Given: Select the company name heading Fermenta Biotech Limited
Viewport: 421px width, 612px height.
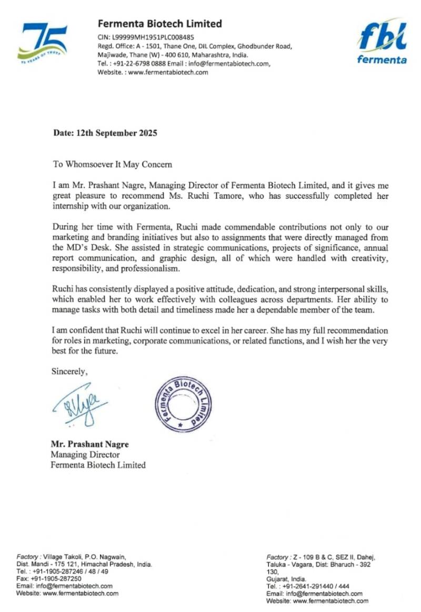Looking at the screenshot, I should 159,24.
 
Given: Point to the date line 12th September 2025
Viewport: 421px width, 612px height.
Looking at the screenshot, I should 105,133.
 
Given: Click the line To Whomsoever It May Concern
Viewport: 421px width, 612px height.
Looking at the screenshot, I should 113,164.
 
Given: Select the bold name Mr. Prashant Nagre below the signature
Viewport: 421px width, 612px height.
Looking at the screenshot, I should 89,444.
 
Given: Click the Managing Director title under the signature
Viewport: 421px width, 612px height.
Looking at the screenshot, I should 85,455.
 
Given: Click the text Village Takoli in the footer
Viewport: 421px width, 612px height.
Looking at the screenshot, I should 59,557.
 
